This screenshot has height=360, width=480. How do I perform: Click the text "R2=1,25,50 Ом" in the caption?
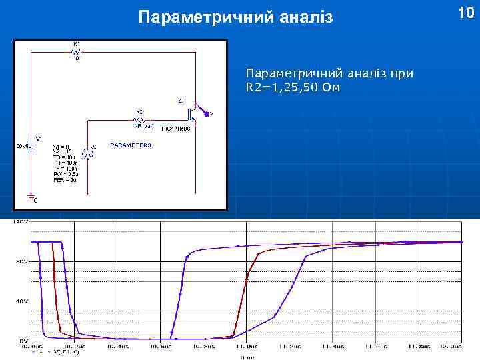[293, 88]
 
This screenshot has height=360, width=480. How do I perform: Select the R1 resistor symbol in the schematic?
[77, 51]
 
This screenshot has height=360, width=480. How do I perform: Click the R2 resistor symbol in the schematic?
[144, 119]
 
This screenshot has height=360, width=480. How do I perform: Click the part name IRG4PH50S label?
[176, 128]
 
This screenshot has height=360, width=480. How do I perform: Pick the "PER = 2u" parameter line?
[65, 181]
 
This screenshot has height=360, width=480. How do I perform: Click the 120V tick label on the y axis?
[21, 221]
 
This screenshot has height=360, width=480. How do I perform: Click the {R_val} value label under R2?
[144, 125]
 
